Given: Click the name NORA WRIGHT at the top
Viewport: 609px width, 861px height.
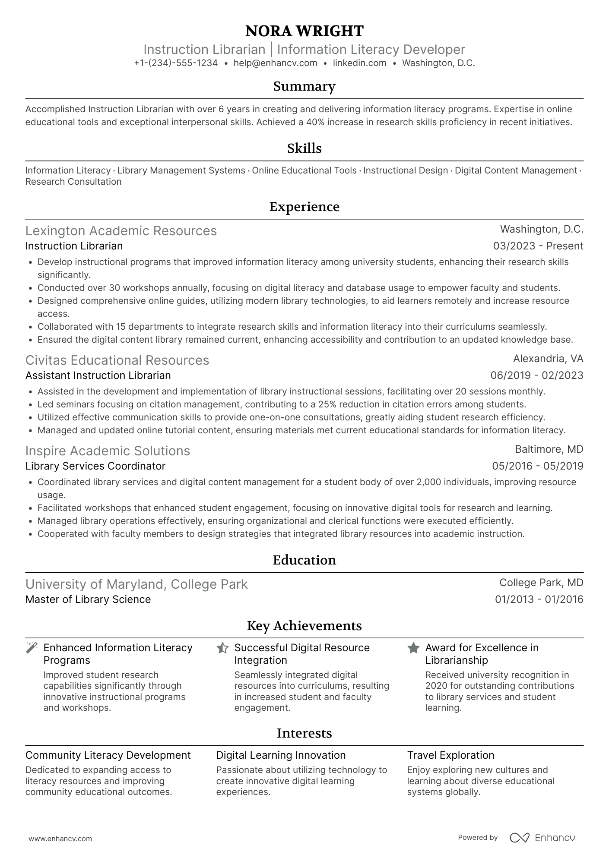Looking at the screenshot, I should [x=304, y=31].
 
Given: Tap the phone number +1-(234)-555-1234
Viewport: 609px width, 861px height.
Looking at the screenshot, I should [x=176, y=63].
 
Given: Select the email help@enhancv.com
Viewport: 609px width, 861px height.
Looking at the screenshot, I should [x=275, y=63].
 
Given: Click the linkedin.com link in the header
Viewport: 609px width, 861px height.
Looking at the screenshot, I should [x=359, y=63].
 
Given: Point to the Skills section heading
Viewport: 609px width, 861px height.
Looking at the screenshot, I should [x=304, y=148].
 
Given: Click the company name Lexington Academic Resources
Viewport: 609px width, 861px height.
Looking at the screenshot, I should [x=121, y=231].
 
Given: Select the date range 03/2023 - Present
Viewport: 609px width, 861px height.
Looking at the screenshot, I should [x=538, y=246].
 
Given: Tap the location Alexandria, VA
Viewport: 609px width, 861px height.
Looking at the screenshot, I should [x=548, y=359].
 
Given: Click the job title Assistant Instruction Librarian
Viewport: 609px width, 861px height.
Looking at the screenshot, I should [x=98, y=375].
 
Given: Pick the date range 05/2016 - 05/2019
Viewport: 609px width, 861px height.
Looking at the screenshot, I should [x=537, y=466].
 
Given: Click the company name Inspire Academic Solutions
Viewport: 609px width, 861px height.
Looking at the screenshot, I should [x=108, y=451].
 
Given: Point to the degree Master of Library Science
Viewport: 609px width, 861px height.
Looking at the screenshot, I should [x=88, y=599].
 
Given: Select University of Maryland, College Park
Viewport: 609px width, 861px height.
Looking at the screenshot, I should [x=136, y=584].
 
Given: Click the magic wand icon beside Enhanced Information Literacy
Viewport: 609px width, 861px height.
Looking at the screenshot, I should [x=32, y=648].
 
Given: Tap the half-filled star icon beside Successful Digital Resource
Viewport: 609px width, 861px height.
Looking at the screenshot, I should [x=222, y=648].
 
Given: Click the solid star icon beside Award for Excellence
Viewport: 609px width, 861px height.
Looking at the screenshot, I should [x=413, y=648].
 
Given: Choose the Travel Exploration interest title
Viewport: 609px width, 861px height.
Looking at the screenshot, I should [x=450, y=755].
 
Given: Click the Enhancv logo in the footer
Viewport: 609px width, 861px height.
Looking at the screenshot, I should [x=542, y=838].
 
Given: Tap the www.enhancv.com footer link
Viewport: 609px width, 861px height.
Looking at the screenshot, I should [x=60, y=839].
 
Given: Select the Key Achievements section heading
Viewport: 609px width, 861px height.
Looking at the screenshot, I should [x=304, y=626].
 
